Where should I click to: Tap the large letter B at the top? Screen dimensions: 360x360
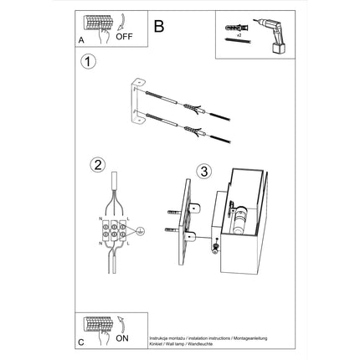[x=159, y=25]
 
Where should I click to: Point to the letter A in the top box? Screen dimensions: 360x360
[x=81, y=39]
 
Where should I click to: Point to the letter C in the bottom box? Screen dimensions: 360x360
[x=81, y=342]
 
